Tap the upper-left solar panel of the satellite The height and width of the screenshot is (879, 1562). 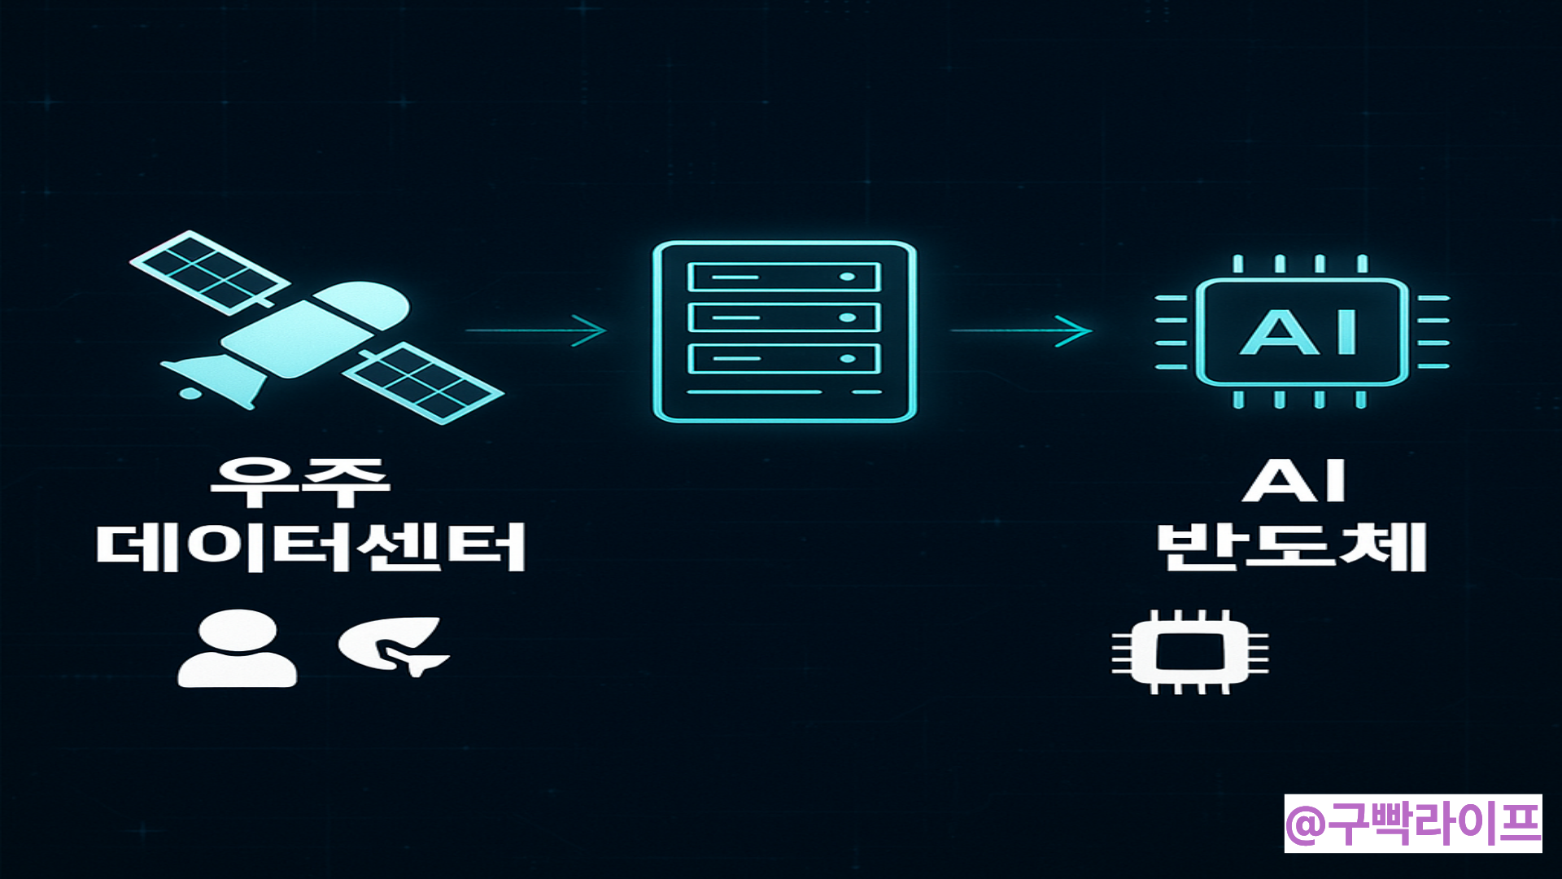pyautogui.click(x=210, y=272)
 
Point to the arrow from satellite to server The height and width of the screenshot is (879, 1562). pyautogui.click(x=537, y=330)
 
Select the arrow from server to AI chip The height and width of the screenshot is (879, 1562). pyautogui.click(x=1021, y=330)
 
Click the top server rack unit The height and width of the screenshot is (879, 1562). pyautogui.click(x=784, y=277)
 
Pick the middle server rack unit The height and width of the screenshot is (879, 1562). pyautogui.click(x=784, y=317)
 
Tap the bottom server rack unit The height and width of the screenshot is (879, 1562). pyautogui.click(x=784, y=358)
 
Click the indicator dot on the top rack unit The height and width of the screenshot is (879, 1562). pyautogui.click(x=847, y=277)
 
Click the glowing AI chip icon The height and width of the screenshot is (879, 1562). pyautogui.click(x=1302, y=331)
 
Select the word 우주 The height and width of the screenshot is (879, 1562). pyautogui.click(x=299, y=482)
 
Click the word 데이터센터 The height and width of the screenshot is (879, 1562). pyautogui.click(x=311, y=546)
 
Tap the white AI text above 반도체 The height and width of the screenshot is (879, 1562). pyautogui.click(x=1294, y=482)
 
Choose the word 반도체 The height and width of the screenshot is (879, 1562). pyautogui.click(x=1292, y=546)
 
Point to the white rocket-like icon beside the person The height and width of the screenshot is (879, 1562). pyautogui.click(x=395, y=646)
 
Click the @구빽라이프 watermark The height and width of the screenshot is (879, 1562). pyautogui.click(x=1413, y=824)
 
